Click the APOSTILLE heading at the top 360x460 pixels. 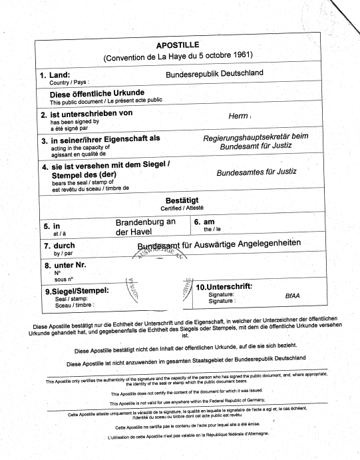pos(172,45)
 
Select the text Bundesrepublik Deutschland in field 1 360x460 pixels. pos(214,73)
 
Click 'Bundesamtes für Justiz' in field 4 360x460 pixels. pos(256,172)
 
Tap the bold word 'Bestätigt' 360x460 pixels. pos(182,200)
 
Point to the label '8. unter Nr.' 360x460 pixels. pos(66,266)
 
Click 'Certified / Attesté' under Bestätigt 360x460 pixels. pos(182,208)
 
